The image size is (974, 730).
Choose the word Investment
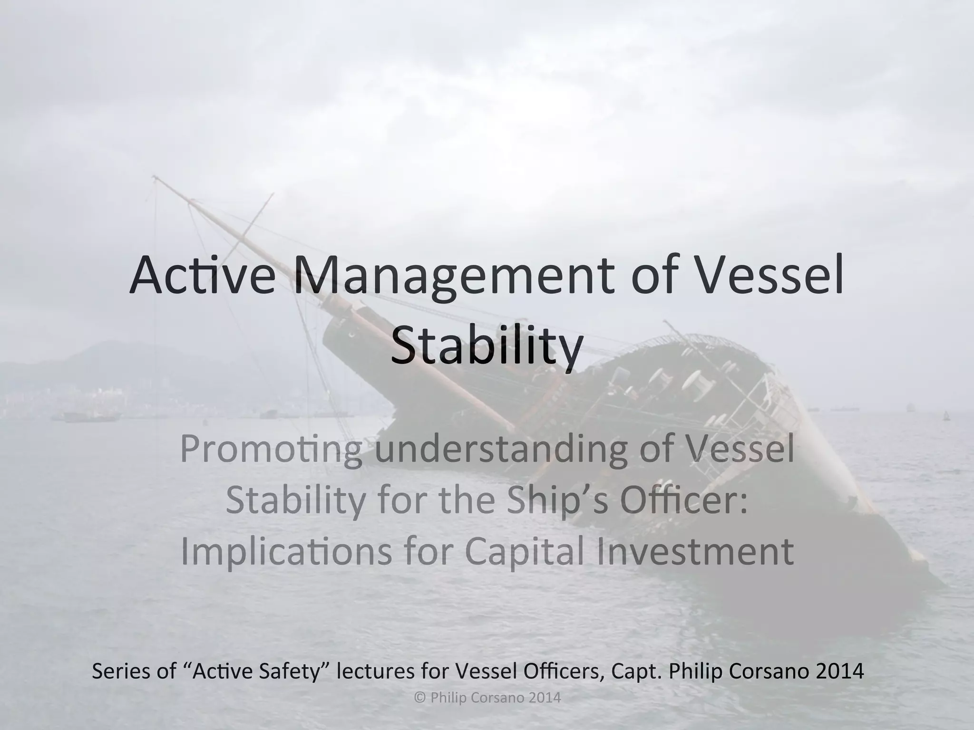click(x=695, y=551)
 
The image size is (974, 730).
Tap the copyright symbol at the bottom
click(x=419, y=698)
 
